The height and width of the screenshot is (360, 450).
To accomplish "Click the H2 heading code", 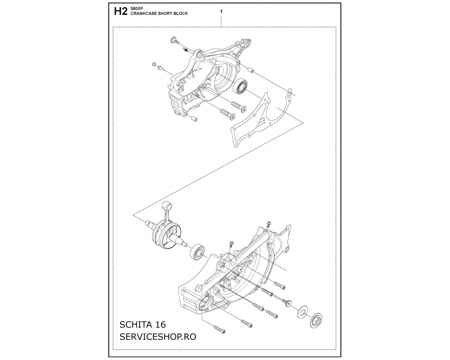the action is [x=121, y=12].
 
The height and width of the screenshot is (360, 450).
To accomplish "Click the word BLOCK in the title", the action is [x=181, y=13].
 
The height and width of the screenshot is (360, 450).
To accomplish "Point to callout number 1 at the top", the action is [x=221, y=12].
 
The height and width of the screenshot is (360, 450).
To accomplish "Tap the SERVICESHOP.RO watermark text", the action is [x=158, y=337].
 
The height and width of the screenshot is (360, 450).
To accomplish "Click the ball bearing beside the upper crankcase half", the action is [x=240, y=85].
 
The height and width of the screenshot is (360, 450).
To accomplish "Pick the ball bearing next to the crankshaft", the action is [x=198, y=252].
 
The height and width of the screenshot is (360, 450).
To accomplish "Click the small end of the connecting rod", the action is [x=167, y=205].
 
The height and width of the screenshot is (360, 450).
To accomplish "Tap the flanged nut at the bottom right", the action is [x=316, y=319].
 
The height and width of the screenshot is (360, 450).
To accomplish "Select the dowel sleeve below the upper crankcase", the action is [x=193, y=118].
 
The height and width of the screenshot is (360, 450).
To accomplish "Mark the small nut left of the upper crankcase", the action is [x=154, y=64].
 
